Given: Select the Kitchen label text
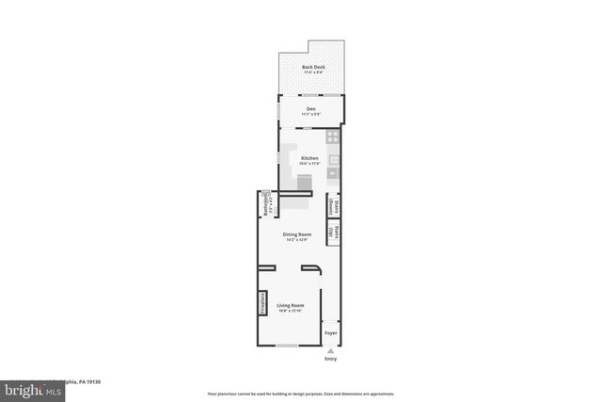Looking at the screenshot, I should pyautogui.click(x=309, y=158).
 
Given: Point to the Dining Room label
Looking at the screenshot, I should pyautogui.click(x=296, y=234).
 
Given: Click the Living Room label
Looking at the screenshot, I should pyautogui.click(x=291, y=305).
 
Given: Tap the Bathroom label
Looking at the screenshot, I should pyautogui.click(x=265, y=202).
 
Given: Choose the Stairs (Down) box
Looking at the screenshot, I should pyautogui.click(x=332, y=206).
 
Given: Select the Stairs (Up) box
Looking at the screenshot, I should pyautogui.click(x=332, y=232).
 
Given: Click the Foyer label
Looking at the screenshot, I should pyautogui.click(x=330, y=333).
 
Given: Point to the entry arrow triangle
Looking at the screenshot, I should pyautogui.click(x=330, y=350).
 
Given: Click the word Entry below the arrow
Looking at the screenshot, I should pyautogui.click(x=330, y=359).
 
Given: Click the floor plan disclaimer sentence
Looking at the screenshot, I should pyautogui.click(x=301, y=394).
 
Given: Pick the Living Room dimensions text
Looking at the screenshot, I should pyautogui.click(x=291, y=311).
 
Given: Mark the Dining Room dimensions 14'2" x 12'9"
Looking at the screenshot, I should pyautogui.click(x=296, y=240).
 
